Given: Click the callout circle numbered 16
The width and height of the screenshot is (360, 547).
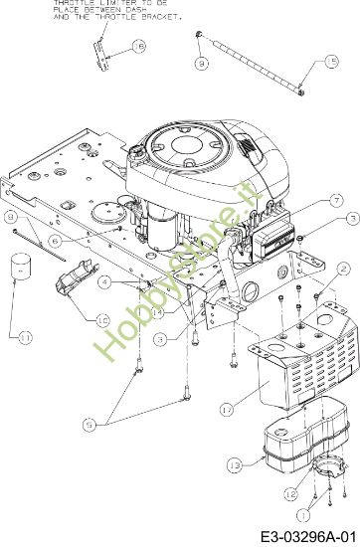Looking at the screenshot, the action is tap(137, 46).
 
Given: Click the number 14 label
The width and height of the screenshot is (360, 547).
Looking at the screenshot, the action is tap(157, 311).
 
